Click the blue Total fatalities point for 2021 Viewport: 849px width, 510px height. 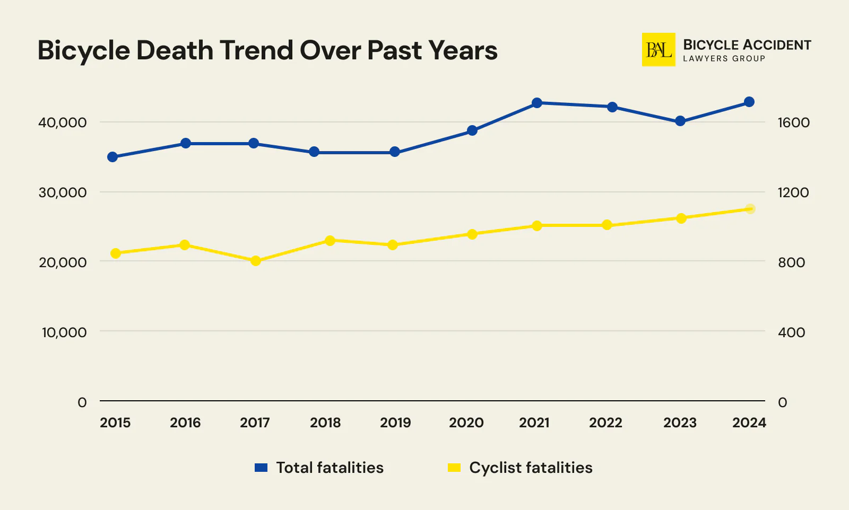[x=537, y=103]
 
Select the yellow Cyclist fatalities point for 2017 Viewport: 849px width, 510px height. [x=256, y=261]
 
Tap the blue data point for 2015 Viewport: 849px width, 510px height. [x=112, y=157]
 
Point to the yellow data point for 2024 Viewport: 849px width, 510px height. [x=750, y=209]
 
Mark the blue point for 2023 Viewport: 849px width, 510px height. [x=680, y=121]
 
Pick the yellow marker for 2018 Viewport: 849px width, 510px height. [x=330, y=241]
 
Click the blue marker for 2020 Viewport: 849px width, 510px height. [x=472, y=130]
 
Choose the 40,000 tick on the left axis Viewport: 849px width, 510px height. [x=62, y=122]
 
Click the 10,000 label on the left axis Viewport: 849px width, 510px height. [x=64, y=332]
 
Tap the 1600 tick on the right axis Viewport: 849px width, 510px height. [x=793, y=122]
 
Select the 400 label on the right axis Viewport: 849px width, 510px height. [x=791, y=332]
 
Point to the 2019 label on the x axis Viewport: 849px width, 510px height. [x=395, y=423]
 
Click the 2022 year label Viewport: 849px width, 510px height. [x=605, y=423]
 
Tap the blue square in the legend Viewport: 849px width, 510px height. [x=261, y=468]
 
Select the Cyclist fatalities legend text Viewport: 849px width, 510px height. [x=531, y=468]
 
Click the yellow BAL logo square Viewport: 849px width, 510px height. [x=659, y=50]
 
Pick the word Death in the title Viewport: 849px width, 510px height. [x=175, y=51]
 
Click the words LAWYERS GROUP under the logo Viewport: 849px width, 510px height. [x=724, y=59]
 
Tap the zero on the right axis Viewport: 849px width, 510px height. [x=782, y=402]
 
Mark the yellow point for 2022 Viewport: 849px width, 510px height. [x=608, y=225]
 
